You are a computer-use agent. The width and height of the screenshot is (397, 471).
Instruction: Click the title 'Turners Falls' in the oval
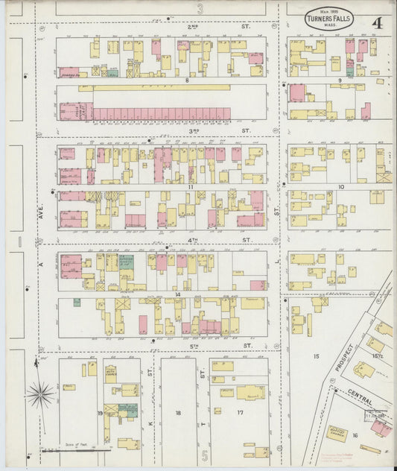point(328,19)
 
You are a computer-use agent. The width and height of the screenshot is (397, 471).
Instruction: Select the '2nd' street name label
point(173,25)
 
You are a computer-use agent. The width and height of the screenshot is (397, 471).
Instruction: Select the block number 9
point(340,80)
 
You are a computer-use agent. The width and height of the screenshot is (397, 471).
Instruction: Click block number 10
point(341,186)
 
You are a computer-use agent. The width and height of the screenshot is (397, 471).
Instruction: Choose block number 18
point(178,412)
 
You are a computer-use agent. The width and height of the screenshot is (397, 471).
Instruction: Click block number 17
point(240,412)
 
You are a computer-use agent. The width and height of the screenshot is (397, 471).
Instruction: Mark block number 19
point(100,411)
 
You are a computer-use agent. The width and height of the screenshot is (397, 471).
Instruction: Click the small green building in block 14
point(77,303)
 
